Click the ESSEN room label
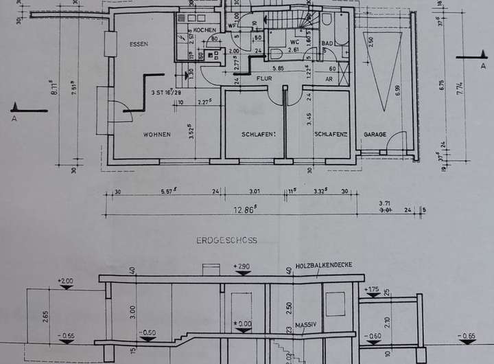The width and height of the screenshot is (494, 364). click(139, 44)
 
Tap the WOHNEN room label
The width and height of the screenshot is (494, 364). click(157, 135)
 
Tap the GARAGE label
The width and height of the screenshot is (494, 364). click(375, 135)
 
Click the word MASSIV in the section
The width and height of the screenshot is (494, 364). click(305, 324)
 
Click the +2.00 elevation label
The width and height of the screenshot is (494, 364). click(66, 281)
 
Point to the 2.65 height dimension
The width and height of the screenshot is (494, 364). click(45, 315)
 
